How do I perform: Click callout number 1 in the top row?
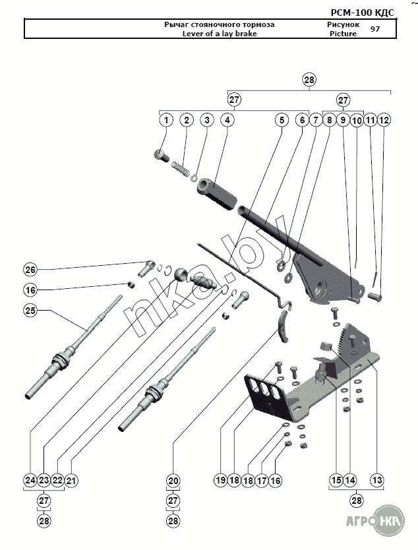click(x=166, y=120)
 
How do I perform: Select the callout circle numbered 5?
click(x=282, y=120)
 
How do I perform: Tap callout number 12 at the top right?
click(x=384, y=120)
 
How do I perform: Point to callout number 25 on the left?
click(x=30, y=311)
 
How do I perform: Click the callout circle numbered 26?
click(x=30, y=269)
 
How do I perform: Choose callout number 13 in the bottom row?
click(x=377, y=480)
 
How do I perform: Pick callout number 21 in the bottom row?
click(x=71, y=480)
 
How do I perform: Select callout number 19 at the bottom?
click(x=221, y=480)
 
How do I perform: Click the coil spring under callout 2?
click(x=180, y=168)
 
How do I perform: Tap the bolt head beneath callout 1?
click(x=162, y=155)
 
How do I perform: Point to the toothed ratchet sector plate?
click(x=353, y=340)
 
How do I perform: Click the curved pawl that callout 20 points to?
click(x=283, y=326)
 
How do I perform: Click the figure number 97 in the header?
click(x=375, y=29)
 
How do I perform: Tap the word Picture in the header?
click(x=343, y=34)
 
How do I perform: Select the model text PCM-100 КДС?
click(x=363, y=13)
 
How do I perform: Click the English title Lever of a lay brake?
click(x=220, y=34)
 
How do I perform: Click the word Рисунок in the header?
click(x=343, y=24)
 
